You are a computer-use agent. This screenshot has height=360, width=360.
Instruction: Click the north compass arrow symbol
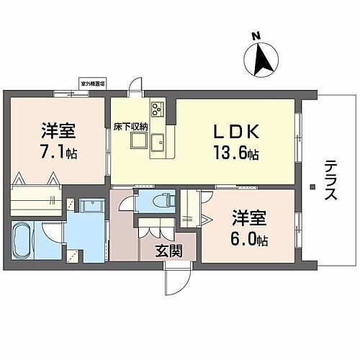point(261,58)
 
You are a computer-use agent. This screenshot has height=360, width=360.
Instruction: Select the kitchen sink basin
point(160,140)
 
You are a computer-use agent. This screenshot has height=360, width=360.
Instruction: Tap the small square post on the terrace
point(312,188)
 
